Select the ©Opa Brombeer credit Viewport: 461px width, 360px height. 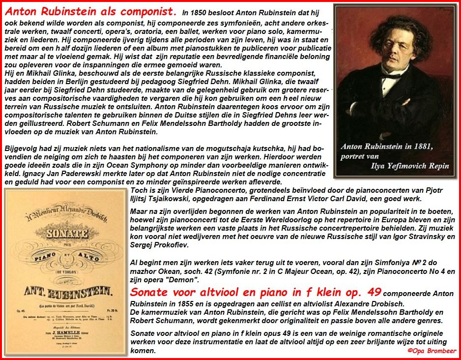[x=432, y=351]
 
